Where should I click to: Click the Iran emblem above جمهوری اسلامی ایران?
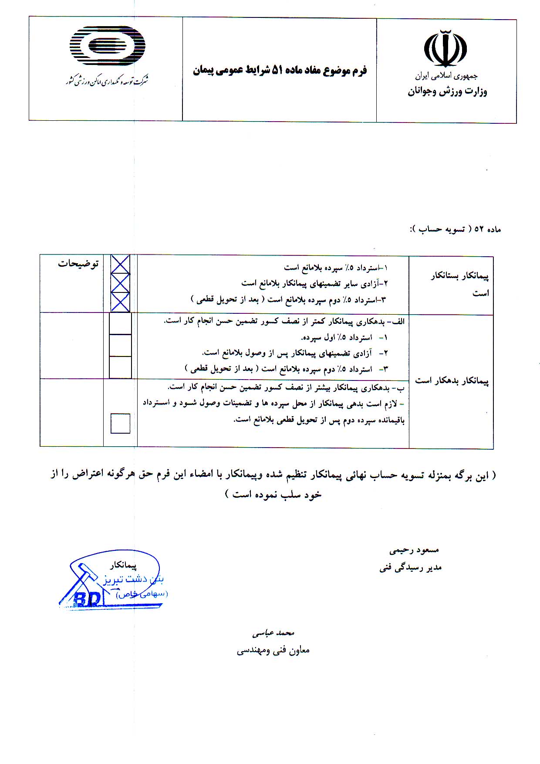(x=445, y=48)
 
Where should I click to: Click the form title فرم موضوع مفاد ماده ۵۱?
(x=280, y=70)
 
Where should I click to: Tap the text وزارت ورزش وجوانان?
(x=447, y=92)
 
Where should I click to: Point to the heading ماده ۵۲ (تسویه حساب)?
(x=455, y=229)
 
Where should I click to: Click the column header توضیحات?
(x=78, y=264)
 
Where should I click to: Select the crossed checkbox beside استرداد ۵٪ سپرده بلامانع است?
(x=120, y=264)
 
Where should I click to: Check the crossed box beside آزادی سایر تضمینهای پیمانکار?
(x=120, y=283)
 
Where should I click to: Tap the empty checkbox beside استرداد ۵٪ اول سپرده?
(x=120, y=324)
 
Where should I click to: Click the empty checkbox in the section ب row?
(x=120, y=423)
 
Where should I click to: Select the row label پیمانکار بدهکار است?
(x=452, y=381)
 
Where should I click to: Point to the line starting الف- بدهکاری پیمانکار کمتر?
(x=284, y=321)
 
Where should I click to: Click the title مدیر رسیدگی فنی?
(x=410, y=567)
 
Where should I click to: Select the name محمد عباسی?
(x=273, y=632)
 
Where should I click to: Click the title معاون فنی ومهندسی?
(x=273, y=650)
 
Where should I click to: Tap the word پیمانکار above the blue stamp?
(x=123, y=565)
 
